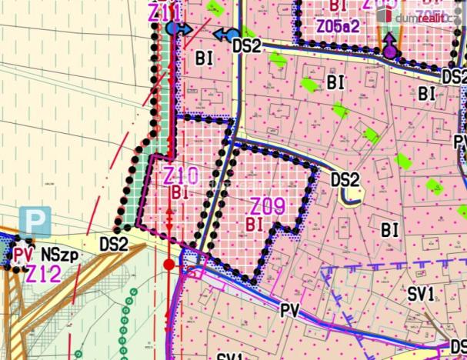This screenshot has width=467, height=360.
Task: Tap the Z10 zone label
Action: (181, 175)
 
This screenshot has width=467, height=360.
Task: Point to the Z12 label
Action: (44, 273)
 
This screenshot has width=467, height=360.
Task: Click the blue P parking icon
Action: (35, 219)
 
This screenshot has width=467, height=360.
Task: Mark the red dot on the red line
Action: (169, 265)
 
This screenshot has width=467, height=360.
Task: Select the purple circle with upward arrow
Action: (391, 52)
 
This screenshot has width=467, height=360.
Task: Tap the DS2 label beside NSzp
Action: (115, 244)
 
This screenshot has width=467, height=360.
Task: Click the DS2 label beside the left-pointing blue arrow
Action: (247, 46)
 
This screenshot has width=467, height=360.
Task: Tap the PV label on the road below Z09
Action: (289, 309)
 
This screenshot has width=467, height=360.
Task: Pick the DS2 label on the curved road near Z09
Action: (345, 180)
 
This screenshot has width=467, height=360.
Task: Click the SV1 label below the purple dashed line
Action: (421, 293)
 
